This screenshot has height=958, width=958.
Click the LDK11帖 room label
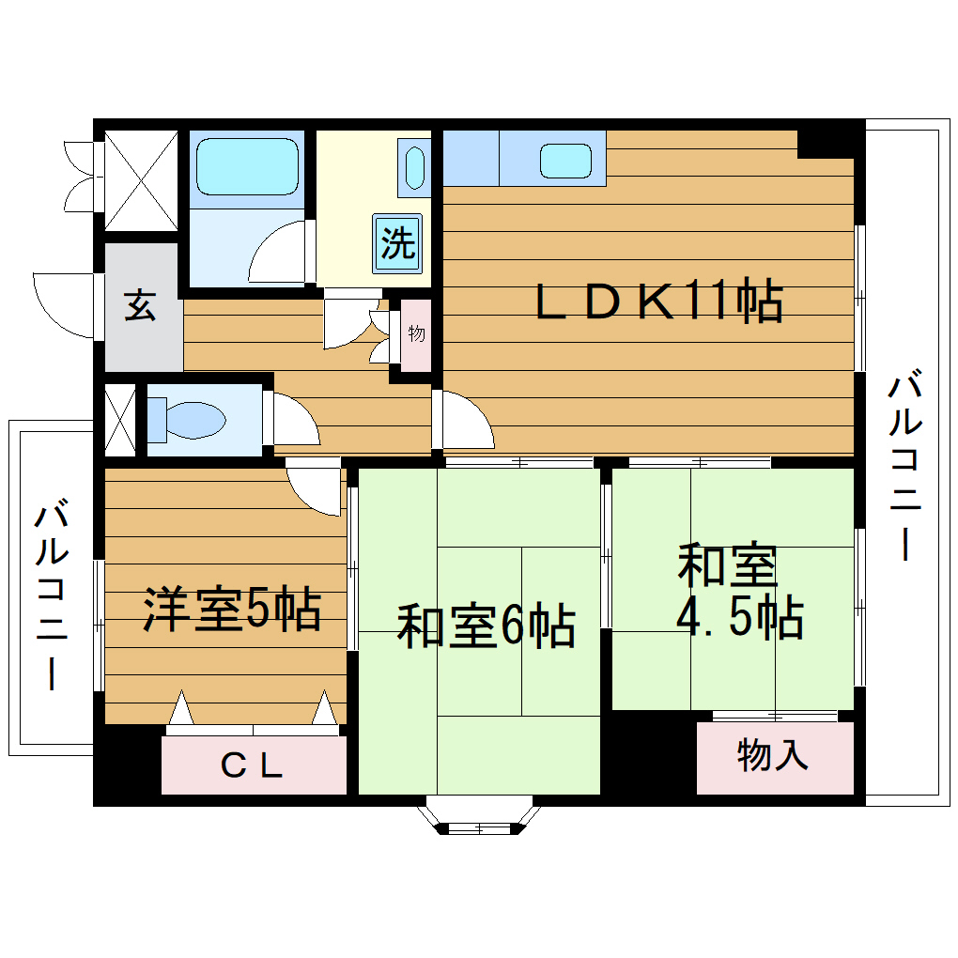658,301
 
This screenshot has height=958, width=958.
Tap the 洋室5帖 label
232,610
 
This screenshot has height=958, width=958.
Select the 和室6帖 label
486,626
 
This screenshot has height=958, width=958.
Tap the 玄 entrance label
141,306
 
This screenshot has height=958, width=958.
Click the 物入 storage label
773,756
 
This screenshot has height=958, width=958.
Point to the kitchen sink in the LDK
566,161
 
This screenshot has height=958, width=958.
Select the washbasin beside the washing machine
413,166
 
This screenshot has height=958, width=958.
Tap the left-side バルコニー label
51,596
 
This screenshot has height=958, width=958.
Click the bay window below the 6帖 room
479,816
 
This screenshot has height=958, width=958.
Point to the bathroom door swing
279,254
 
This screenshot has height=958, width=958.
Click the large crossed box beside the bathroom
140,181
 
